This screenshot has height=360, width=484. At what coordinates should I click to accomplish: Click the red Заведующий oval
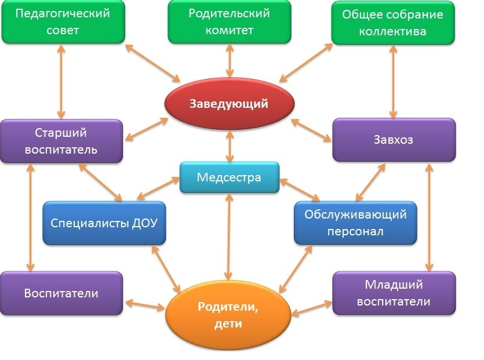230,103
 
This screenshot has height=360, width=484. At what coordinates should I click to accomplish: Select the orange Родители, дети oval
228,315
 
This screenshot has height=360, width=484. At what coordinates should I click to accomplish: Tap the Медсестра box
230,177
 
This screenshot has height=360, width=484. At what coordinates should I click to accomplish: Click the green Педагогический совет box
63,21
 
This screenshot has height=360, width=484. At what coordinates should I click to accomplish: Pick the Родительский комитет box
230,21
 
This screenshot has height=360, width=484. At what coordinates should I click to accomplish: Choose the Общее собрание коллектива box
393,22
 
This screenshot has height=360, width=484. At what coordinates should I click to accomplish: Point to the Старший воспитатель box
61,141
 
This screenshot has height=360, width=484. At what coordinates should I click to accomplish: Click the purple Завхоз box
394,140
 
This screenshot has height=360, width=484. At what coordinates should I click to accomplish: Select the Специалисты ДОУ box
104,223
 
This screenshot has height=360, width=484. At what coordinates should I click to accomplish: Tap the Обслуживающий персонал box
355,223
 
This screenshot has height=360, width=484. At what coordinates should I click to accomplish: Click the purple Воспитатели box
61,293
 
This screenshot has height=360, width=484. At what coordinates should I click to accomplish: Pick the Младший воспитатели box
394,293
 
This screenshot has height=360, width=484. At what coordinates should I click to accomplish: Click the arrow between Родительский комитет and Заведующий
230,60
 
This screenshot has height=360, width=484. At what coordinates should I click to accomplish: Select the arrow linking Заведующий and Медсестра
230,146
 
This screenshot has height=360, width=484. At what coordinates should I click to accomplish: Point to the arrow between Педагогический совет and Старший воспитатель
61,82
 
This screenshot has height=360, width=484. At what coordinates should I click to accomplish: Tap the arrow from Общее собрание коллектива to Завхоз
393,82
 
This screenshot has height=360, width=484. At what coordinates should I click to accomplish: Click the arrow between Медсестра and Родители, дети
229,237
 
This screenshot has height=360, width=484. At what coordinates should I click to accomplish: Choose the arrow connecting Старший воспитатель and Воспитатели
30,217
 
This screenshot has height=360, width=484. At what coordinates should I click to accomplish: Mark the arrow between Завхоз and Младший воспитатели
429,217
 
